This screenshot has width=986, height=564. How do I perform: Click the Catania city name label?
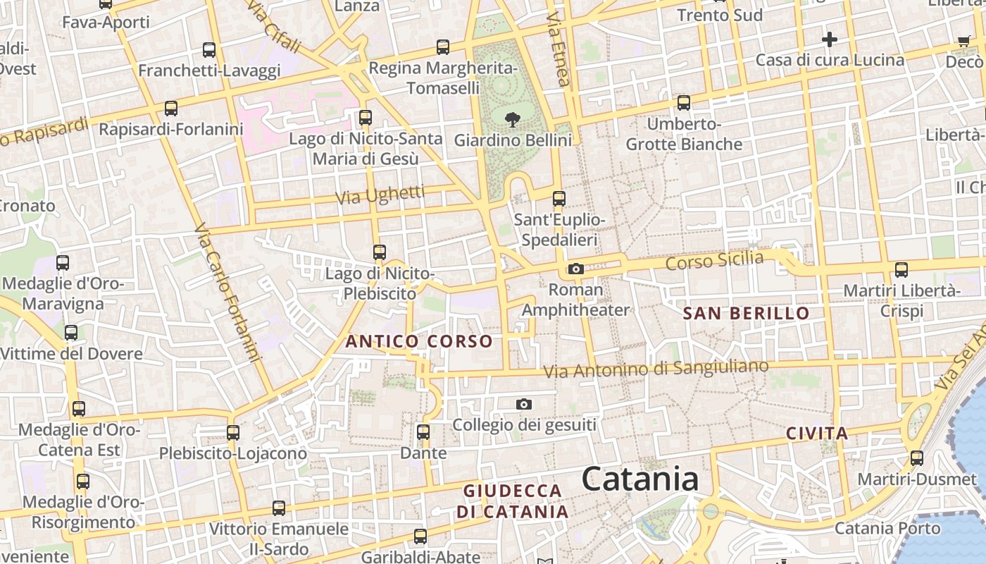640,479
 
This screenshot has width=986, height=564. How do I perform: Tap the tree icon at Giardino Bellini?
513,118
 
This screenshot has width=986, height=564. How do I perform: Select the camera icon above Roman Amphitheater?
576,269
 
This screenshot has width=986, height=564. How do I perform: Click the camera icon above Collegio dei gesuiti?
523,404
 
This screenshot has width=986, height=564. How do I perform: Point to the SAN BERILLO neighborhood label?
747,314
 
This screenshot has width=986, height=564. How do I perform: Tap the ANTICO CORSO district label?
419,342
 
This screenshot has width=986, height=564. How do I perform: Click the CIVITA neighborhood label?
817,433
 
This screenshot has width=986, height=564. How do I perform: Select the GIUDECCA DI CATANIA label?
513,501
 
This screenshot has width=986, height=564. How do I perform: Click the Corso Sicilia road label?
714,260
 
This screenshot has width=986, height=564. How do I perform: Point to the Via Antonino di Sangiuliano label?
656,369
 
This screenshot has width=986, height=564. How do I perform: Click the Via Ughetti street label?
380,195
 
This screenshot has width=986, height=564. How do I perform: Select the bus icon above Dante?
423,431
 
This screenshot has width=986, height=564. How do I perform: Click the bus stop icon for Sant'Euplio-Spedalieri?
559,199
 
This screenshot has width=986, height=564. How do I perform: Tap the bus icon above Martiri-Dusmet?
917,458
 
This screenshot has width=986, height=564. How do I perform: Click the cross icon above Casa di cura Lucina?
830,39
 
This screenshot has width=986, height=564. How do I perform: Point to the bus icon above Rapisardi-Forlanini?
170,109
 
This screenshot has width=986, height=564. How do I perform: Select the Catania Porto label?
887,528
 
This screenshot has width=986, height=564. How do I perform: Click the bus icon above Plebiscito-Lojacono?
233,432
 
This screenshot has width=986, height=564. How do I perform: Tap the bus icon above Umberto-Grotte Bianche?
684,103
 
